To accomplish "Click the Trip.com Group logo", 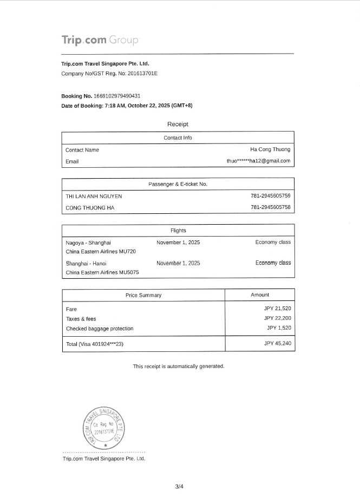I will coord(100,40).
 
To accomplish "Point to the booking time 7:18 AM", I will coord(117,106).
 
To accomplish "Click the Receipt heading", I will coord(178,125).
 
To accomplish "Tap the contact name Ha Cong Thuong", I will coord(270,149).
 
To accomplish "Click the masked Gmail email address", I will coord(258,161).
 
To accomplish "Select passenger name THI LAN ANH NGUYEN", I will coord(94,196).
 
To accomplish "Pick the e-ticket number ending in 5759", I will coord(270,196).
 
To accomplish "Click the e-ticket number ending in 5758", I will coord(270,207).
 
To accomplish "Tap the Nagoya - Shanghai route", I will coord(88,243).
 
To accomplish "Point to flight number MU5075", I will coord(129,272).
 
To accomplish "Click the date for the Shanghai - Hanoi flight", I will coord(178,263).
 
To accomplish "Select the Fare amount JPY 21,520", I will coord(277,309).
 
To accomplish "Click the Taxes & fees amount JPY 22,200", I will coord(277,318).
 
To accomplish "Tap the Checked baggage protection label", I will coord(99,329).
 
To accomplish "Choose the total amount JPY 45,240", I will coord(277,343).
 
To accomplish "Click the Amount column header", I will coord(260,295).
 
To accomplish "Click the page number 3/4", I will coord(179,486).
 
